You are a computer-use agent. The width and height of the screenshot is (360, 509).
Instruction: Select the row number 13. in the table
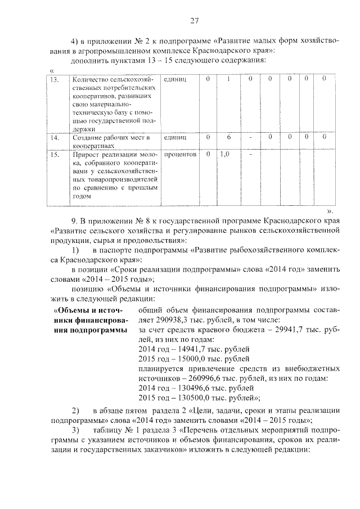pos(56,79)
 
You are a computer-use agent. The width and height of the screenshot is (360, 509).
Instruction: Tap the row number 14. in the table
pos(56,137)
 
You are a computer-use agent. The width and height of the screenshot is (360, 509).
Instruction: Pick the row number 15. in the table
pos(56,154)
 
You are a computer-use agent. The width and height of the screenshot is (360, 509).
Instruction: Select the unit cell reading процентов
pos(180,154)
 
